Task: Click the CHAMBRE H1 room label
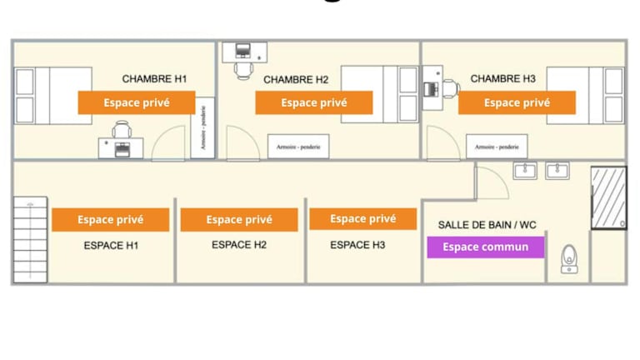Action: click(x=155, y=79)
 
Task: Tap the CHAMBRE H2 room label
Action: click(x=296, y=80)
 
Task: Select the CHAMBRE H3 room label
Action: click(x=502, y=79)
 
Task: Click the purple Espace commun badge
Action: click(x=485, y=247)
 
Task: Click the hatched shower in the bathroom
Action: click(x=608, y=198)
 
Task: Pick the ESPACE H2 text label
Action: click(x=239, y=245)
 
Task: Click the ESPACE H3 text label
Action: click(x=357, y=245)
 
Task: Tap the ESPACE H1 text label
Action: click(x=111, y=246)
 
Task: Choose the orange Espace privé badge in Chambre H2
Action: click(x=313, y=102)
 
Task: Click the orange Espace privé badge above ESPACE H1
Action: click(x=110, y=220)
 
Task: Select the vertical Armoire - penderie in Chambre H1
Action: click(x=202, y=128)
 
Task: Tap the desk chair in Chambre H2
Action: click(x=243, y=70)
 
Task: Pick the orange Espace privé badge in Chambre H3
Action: click(x=517, y=102)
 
